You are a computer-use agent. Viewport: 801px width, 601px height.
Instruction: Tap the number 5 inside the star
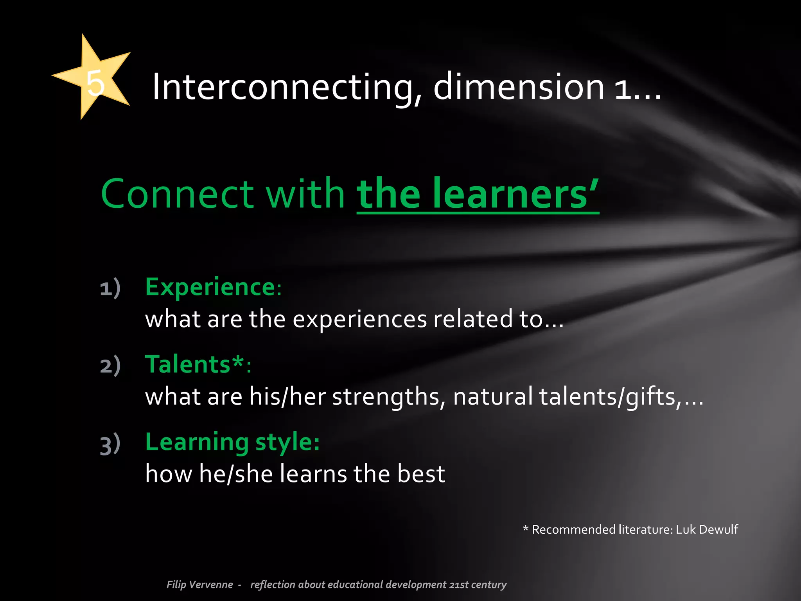pyautogui.click(x=95, y=83)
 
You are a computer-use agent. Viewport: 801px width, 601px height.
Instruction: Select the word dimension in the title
pyautogui.click(x=519, y=87)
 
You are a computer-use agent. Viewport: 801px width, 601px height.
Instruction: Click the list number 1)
pyautogui.click(x=110, y=289)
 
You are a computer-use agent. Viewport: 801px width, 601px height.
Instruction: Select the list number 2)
pyautogui.click(x=110, y=366)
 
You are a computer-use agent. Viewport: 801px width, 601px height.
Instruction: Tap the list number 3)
pyautogui.click(x=110, y=444)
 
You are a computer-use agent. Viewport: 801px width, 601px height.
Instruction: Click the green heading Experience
pyautogui.click(x=211, y=287)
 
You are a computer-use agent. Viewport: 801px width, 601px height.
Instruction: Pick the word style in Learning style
pyautogui.click(x=287, y=443)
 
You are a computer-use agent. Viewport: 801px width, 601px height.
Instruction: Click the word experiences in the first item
pyautogui.click(x=359, y=319)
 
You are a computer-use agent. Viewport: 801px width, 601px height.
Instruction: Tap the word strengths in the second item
pyautogui.click(x=389, y=397)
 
